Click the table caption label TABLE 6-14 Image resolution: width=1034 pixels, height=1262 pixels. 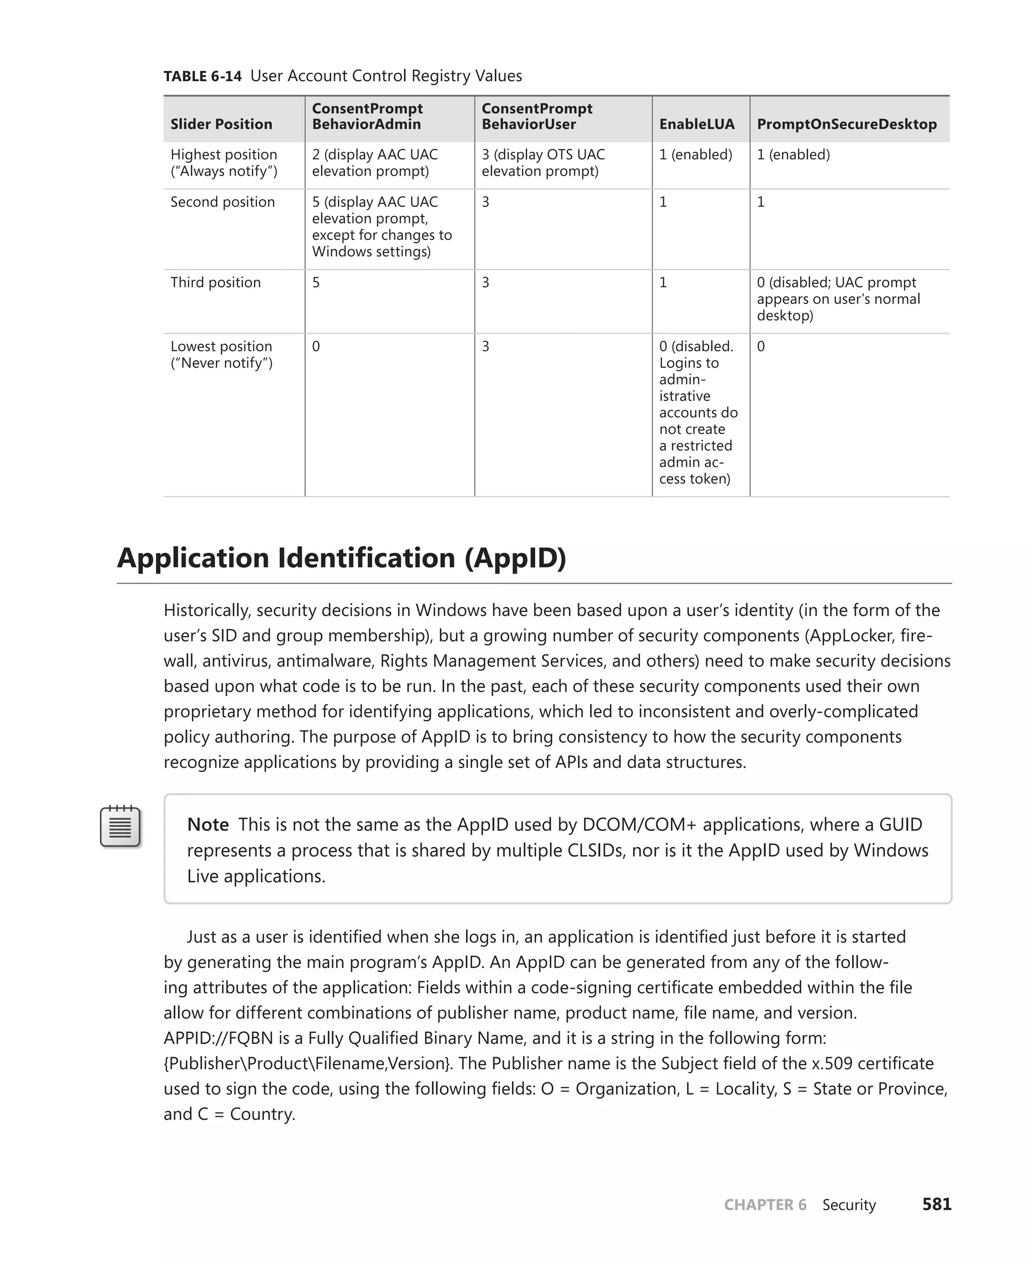(202, 76)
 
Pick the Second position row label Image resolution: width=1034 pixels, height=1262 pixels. (222, 202)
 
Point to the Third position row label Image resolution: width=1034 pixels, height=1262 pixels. (216, 282)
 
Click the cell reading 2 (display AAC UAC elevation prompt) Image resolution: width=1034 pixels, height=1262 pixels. (375, 163)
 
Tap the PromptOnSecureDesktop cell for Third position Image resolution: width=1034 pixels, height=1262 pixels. (838, 298)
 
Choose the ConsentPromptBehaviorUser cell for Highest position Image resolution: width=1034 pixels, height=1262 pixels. (543, 163)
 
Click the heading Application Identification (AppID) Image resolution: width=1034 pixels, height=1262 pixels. (341, 558)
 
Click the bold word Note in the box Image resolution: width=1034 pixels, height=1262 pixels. (208, 824)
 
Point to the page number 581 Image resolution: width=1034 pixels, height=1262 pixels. (937, 1204)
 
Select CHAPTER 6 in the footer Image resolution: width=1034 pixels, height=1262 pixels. (765, 1205)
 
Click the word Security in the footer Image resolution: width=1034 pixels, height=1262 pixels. (849, 1205)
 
